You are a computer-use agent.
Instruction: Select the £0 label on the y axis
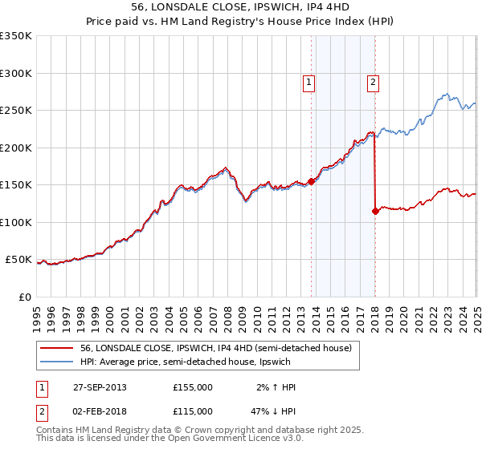click(x=23, y=297)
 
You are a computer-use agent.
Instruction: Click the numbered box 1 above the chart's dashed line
click(x=309, y=80)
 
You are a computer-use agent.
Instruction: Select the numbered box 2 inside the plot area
click(x=374, y=80)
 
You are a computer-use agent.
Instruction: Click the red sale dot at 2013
click(x=311, y=181)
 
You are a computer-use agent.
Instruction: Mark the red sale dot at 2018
click(x=375, y=211)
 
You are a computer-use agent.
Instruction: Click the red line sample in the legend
click(x=57, y=349)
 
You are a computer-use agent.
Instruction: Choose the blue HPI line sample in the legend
click(x=57, y=362)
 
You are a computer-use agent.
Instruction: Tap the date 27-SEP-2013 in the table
click(x=100, y=387)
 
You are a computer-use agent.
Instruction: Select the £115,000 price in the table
click(x=192, y=411)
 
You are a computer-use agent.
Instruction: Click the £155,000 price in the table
click(x=192, y=387)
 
